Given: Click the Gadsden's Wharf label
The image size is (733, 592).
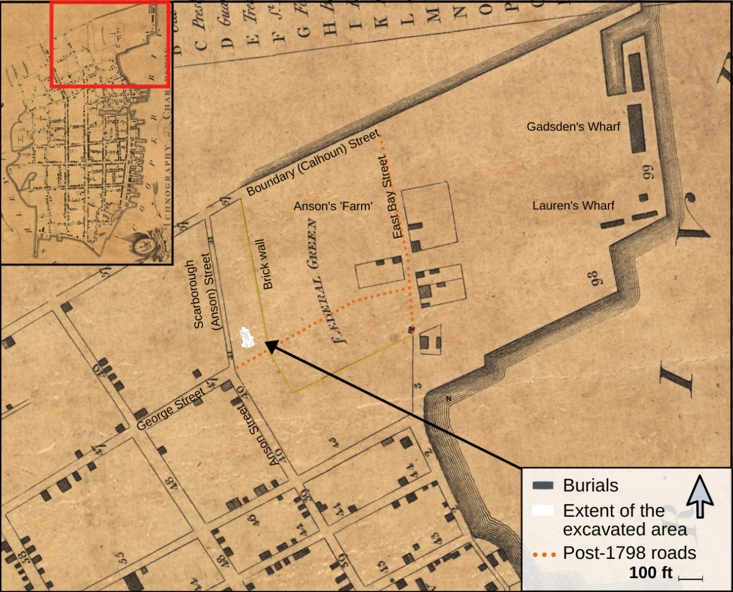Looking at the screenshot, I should click(x=574, y=127).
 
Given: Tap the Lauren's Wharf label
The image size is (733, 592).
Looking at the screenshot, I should click(x=573, y=205).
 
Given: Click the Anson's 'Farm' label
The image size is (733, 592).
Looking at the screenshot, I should click(x=333, y=207).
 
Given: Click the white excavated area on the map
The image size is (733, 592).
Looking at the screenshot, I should click(x=247, y=338).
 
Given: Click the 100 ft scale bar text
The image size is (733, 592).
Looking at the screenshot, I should click(x=650, y=574).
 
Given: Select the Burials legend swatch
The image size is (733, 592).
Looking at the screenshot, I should click(x=543, y=486).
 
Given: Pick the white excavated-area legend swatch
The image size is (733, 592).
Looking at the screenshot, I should click(x=543, y=511).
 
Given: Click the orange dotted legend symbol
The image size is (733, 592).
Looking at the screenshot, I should click(x=544, y=554).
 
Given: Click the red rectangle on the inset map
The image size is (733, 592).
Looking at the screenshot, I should click(x=111, y=45).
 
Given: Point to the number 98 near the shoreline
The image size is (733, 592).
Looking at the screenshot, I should click(x=597, y=278).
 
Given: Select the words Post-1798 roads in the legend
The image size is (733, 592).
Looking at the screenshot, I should click(x=629, y=553).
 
